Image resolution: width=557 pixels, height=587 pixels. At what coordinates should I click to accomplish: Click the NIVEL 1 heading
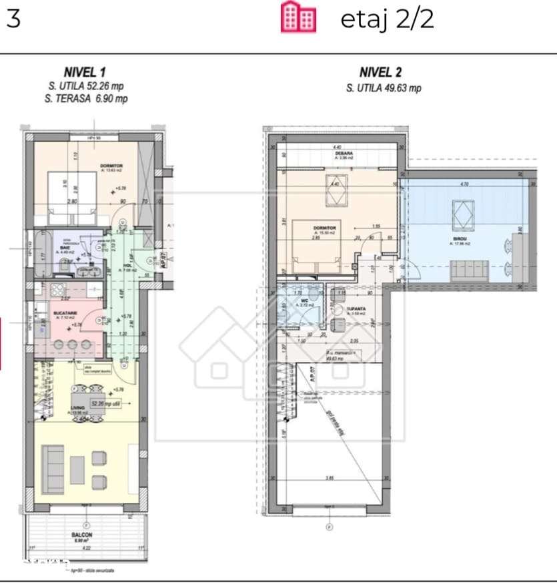tap(85, 72)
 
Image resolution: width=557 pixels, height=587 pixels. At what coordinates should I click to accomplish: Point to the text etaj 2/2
tap(387, 19)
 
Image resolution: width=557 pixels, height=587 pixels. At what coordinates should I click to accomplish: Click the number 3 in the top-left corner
tap(13, 18)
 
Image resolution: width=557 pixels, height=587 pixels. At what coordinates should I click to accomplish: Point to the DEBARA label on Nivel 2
tap(343, 154)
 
